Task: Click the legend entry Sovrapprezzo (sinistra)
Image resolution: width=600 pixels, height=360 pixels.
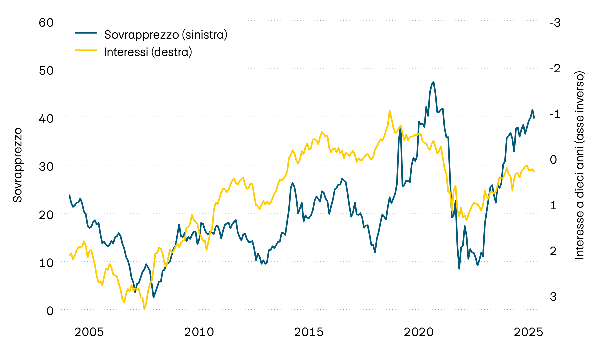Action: pos(166,34)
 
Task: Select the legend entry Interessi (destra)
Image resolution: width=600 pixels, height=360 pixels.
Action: pos(148,52)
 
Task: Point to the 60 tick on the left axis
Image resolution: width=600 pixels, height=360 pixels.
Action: pos(46,23)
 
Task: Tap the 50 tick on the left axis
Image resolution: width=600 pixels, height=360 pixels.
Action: pos(46,71)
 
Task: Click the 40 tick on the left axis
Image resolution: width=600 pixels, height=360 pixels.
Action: pos(46,119)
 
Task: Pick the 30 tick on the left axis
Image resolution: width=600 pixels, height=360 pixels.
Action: pos(46,167)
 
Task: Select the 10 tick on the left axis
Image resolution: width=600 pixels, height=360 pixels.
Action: pos(46,263)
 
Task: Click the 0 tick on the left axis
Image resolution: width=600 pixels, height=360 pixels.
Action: pos(50,311)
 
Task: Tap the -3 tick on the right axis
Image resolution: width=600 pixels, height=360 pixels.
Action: pos(555,23)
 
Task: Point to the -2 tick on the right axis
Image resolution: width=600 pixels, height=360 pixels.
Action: pos(555,69)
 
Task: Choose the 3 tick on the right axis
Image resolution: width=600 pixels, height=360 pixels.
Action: pos(553,296)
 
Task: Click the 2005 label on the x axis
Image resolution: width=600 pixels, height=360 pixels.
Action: pos(89,332)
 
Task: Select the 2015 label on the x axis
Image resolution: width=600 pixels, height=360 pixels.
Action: pos(309,332)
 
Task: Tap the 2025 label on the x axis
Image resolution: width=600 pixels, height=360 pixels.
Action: pos(528,332)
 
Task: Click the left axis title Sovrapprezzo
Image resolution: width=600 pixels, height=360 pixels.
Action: pos(17,165)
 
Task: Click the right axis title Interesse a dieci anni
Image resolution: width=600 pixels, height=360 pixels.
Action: pos(580,165)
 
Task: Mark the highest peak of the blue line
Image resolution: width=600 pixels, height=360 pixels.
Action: pos(433,82)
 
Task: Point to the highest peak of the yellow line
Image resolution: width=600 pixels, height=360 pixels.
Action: pos(389,111)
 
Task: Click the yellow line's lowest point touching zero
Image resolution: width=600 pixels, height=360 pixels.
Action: pos(144,309)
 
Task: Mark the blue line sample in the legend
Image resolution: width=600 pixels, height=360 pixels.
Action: pos(86,33)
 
